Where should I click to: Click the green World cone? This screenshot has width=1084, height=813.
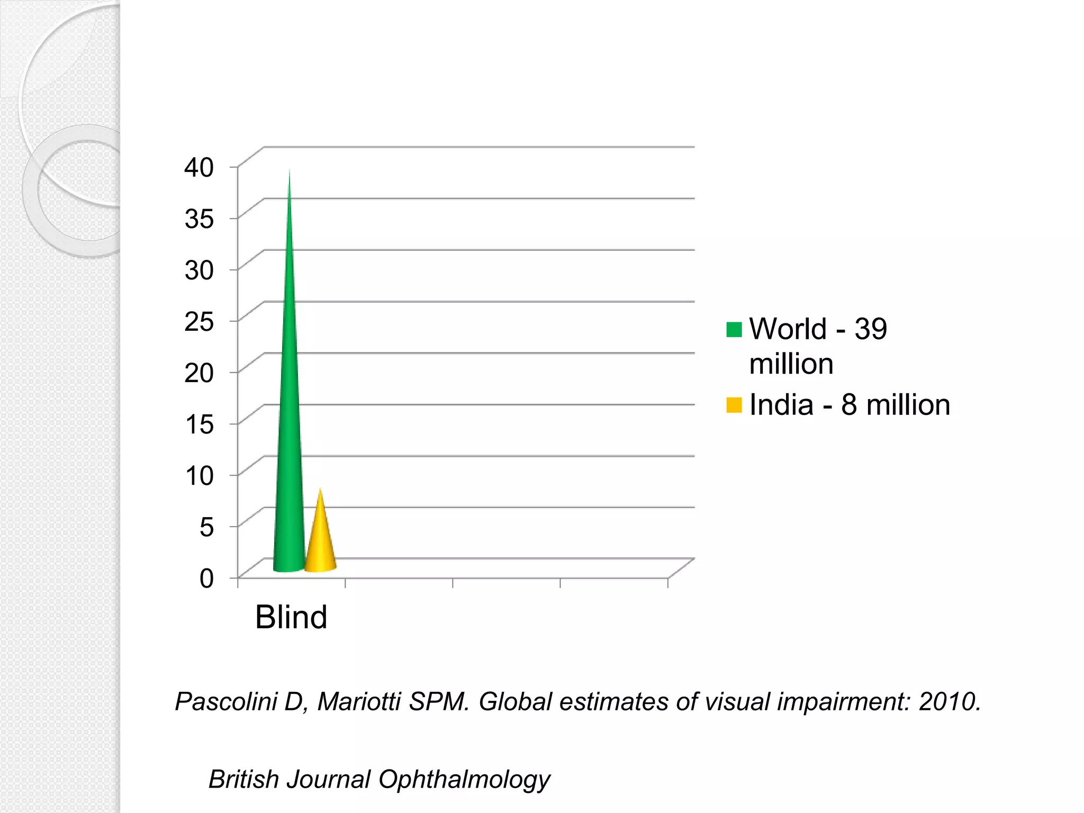[289, 423]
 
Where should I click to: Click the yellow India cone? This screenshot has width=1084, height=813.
[320, 545]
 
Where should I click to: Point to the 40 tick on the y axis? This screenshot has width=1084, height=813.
[199, 167]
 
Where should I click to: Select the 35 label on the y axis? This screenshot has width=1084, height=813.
[199, 219]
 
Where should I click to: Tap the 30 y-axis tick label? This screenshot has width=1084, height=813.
[199, 270]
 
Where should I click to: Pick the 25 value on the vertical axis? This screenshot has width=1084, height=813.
[199, 321]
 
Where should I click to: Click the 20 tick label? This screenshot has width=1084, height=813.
[199, 373]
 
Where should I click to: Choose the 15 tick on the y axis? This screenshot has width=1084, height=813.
[199, 424]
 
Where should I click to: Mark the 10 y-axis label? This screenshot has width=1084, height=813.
[199, 475]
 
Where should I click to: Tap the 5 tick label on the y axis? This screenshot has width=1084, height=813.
[206, 527]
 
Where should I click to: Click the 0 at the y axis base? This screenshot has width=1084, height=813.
[206, 578]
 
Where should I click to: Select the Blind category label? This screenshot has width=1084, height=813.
[291, 617]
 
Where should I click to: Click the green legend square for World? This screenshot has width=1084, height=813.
[734, 330]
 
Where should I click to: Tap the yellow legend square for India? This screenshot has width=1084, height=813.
[734, 405]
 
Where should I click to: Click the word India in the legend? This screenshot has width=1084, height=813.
[781, 405]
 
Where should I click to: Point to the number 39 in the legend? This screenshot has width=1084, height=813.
[871, 329]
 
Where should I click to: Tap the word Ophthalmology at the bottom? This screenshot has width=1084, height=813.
[464, 780]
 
